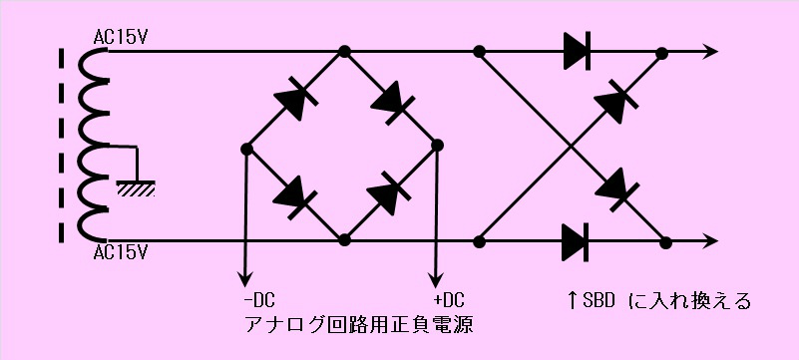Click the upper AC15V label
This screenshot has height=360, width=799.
pyautogui.click(x=121, y=38)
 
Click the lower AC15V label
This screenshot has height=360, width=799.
pyautogui.click(x=121, y=252)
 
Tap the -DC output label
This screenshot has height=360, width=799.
pyautogui.click(x=259, y=300)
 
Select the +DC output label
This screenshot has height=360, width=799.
pyautogui.click(x=449, y=300)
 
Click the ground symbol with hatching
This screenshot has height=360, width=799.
pyautogui.click(x=136, y=188)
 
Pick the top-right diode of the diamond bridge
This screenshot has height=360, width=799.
pyautogui.click(x=392, y=102)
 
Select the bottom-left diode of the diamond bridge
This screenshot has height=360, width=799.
pyautogui.click(x=295, y=197)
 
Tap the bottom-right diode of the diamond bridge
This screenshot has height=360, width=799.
pyautogui.click(x=389, y=193)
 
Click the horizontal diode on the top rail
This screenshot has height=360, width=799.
pyautogui.click(x=577, y=51)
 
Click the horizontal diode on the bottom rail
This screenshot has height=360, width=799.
pyautogui.click(x=576, y=242)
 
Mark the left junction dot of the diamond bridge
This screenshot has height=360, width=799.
pyautogui.click(x=246, y=150)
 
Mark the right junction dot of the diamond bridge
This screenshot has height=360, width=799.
pyautogui.click(x=437, y=146)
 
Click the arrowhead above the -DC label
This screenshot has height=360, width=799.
pyautogui.click(x=245, y=279)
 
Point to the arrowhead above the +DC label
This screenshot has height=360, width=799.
pyautogui.click(x=436, y=279)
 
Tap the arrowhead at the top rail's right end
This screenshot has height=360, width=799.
pyautogui.click(x=709, y=51)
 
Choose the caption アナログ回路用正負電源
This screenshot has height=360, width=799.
pyautogui.click(x=359, y=325)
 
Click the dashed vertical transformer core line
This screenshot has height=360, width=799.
pyautogui.click(x=62, y=146)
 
